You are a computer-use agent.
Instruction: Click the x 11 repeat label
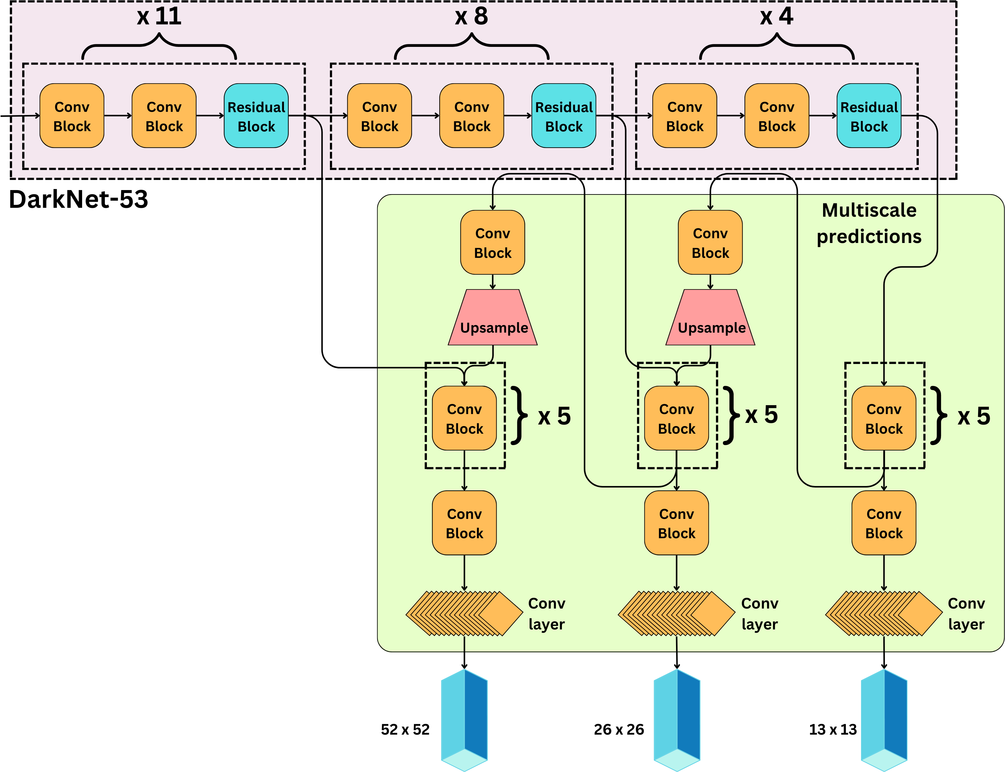point(159,16)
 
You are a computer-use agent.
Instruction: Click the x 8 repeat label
point(471,16)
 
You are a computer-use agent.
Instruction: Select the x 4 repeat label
point(776,16)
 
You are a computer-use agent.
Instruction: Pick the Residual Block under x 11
point(256,116)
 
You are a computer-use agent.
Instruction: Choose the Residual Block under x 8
point(564,116)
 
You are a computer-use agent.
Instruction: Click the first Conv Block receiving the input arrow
point(72,116)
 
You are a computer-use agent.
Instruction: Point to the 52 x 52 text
point(405,729)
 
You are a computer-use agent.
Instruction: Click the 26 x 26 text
point(619,729)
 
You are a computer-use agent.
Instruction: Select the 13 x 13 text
point(833,729)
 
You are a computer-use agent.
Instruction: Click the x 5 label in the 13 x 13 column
point(974,416)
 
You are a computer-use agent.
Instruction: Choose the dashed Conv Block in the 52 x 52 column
point(464,418)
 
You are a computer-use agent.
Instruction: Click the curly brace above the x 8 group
point(471,46)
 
